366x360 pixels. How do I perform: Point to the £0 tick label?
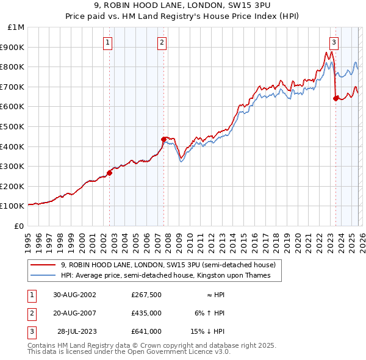pyautogui.click(x=19, y=226)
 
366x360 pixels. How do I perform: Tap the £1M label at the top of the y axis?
pyautogui.click(x=16, y=27)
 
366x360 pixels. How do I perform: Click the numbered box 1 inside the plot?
pyautogui.click(x=108, y=42)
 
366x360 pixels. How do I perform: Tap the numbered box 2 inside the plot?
pyautogui.click(x=162, y=42)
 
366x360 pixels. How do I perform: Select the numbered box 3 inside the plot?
pyautogui.click(x=334, y=42)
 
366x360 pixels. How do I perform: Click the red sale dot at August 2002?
pyautogui.click(x=110, y=173)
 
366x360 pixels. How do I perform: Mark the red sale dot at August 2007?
pyautogui.click(x=163, y=139)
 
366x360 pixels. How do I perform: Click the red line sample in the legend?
pyautogui.click(x=44, y=265)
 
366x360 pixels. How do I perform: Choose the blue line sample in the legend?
pyautogui.click(x=44, y=275)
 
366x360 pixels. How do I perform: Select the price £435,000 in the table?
pyautogui.click(x=146, y=313)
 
